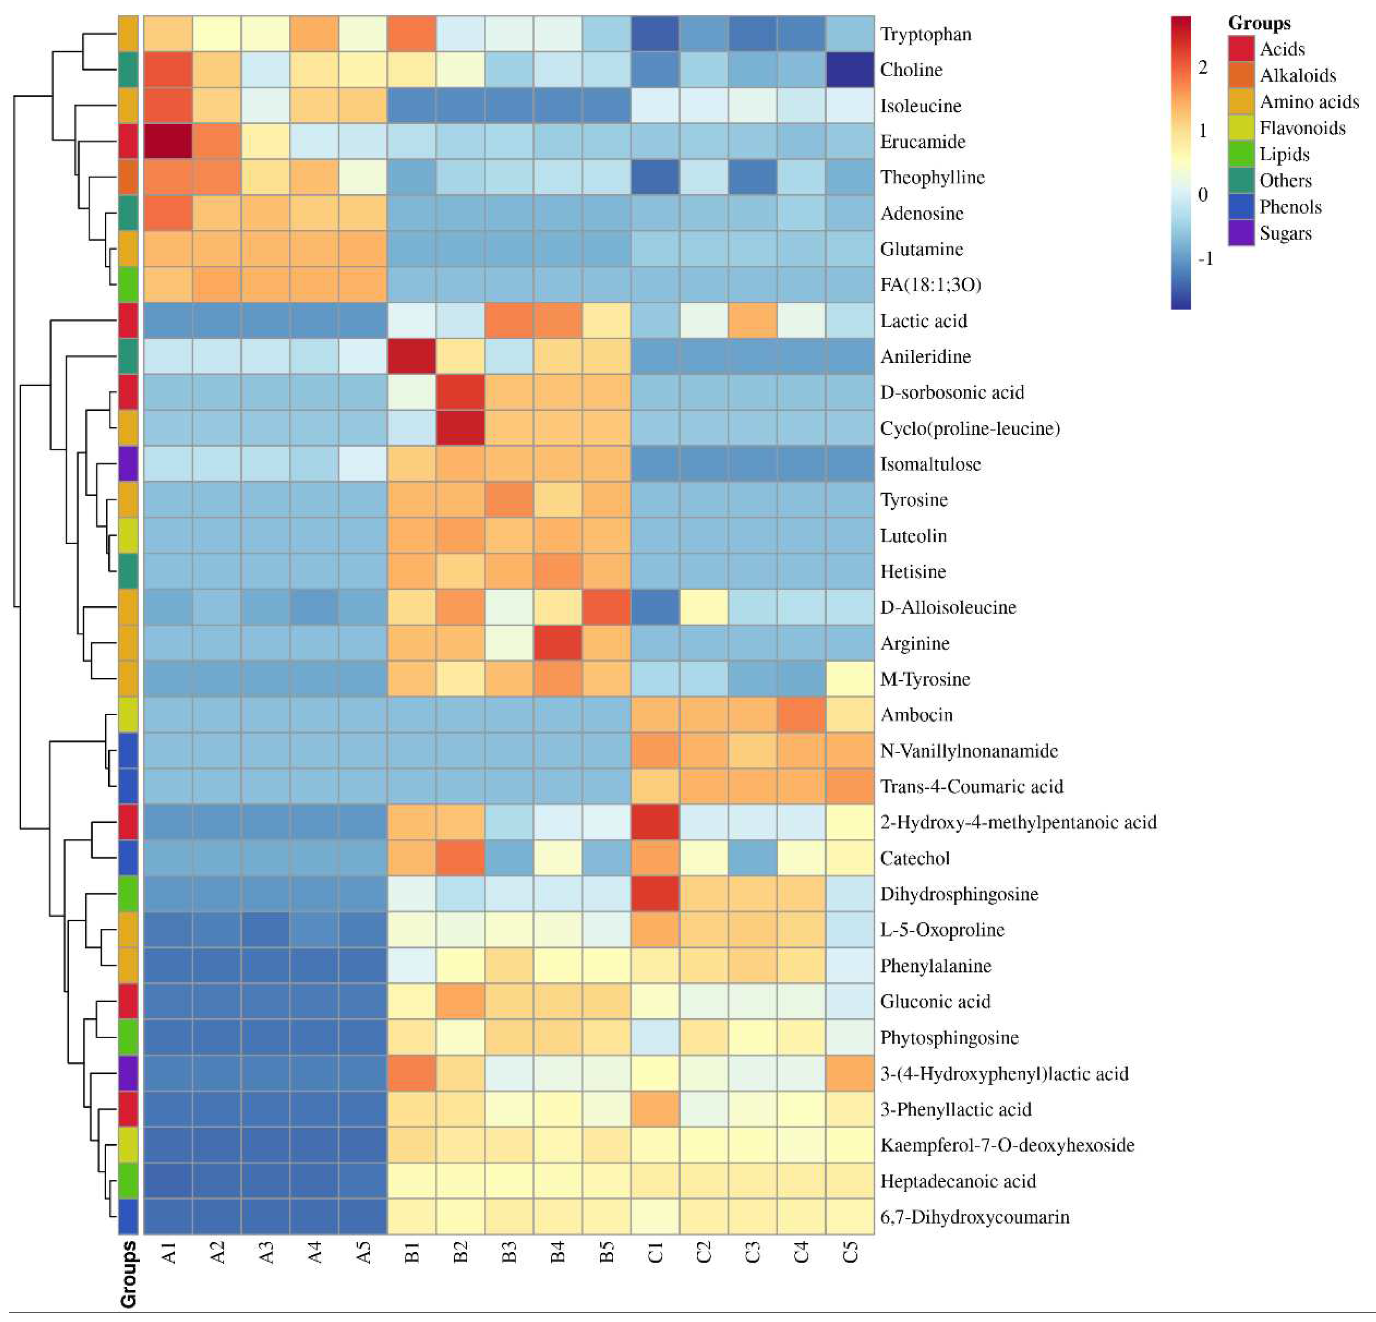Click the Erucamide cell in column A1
coord(168,141)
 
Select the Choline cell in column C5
coord(849,70)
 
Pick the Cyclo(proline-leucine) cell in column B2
coord(460,428)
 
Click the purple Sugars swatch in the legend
coord(1241,233)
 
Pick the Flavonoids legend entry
coord(1302,128)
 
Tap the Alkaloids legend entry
coord(1297,75)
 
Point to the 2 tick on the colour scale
coord(1203,67)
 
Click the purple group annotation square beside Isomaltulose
coord(128,463)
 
